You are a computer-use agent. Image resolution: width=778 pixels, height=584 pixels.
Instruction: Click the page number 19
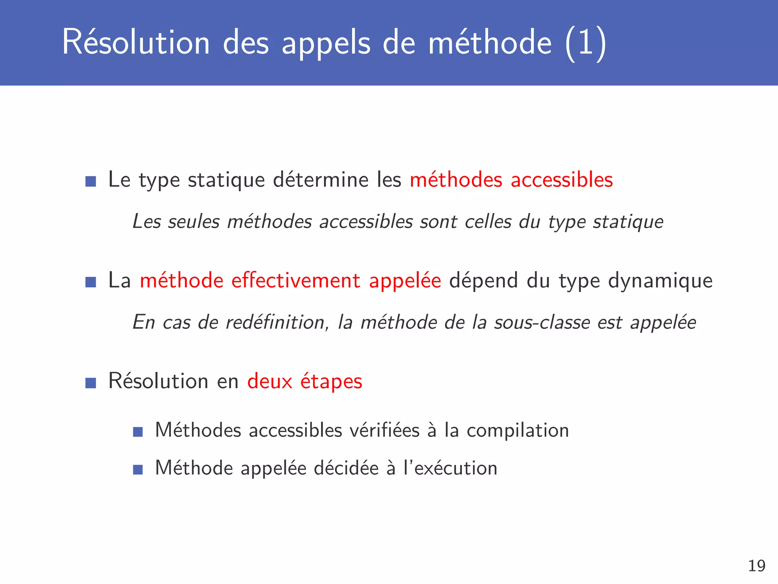(x=757, y=566)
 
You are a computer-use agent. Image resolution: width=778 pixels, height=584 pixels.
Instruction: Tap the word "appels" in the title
(x=326, y=43)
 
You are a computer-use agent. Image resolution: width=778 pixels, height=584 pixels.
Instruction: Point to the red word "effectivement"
(x=296, y=281)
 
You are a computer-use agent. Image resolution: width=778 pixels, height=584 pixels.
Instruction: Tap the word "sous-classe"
(x=542, y=322)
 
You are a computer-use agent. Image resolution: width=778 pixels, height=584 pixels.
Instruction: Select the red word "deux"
(x=270, y=381)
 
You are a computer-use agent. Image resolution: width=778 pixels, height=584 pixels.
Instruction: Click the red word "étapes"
(x=331, y=382)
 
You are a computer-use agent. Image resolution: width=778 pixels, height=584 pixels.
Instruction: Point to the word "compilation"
(x=518, y=431)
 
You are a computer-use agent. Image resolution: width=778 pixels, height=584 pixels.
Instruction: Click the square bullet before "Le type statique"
(x=91, y=181)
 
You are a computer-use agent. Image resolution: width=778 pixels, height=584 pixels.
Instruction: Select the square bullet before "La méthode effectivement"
(x=91, y=282)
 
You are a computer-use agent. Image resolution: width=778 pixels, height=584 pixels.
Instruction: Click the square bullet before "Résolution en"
(x=91, y=383)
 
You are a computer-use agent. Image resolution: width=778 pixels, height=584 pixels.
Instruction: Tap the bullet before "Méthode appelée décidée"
(x=138, y=470)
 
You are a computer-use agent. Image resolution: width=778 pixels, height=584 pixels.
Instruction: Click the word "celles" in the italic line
(x=488, y=222)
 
